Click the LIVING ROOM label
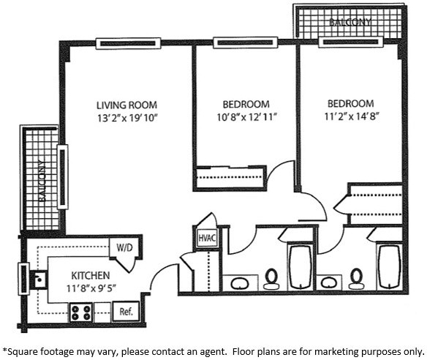(x=127, y=105)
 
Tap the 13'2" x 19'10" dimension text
(x=127, y=118)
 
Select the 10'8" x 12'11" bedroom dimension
(x=245, y=117)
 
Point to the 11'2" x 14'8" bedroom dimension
(x=350, y=116)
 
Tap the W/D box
(x=121, y=247)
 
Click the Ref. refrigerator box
(x=126, y=311)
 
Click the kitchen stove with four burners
(x=80, y=312)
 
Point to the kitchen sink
(x=39, y=277)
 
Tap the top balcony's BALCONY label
(x=349, y=22)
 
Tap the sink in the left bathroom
(x=238, y=282)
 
